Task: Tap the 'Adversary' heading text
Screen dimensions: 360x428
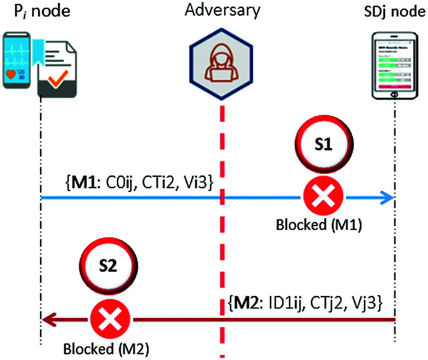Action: (222, 10)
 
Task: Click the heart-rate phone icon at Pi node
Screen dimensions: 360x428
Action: (17, 60)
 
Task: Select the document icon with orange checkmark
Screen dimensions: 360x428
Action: (56, 68)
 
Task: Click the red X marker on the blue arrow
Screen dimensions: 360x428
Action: (323, 197)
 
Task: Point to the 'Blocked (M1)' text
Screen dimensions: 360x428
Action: (319, 225)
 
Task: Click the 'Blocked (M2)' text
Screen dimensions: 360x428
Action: (106, 349)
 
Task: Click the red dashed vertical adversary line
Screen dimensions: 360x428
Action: (222, 257)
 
